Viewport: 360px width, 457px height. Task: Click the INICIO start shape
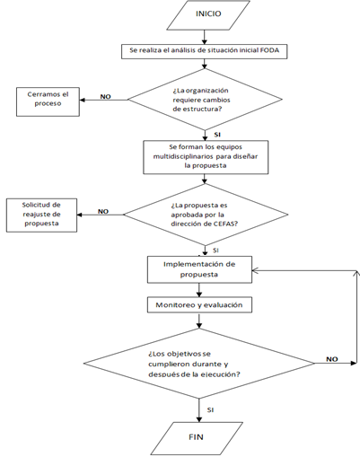pyautogui.click(x=208, y=15)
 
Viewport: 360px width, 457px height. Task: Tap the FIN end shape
pyautogui.click(x=197, y=438)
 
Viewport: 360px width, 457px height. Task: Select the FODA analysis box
pyautogui.click(x=204, y=51)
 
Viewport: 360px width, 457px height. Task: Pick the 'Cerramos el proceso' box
pyautogui.click(x=48, y=101)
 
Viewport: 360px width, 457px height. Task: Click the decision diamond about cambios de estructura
pyautogui.click(x=205, y=100)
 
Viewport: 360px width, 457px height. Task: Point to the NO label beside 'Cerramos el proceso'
pyautogui.click(x=105, y=97)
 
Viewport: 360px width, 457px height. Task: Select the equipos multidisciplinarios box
pyautogui.click(x=206, y=157)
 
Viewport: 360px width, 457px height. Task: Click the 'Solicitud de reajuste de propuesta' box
pyautogui.click(x=41, y=215)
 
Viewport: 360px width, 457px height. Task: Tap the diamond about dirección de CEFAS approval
pyautogui.click(x=206, y=215)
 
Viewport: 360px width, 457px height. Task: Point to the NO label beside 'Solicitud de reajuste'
pyautogui.click(x=103, y=211)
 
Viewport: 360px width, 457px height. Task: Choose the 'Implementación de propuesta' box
pyautogui.click(x=199, y=269)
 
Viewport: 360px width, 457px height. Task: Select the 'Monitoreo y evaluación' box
pyautogui.click(x=199, y=305)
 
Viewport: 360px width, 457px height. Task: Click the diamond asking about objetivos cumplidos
pyautogui.click(x=199, y=364)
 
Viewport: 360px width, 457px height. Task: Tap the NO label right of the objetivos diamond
pyautogui.click(x=332, y=359)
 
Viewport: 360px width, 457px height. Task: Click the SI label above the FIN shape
pyautogui.click(x=210, y=410)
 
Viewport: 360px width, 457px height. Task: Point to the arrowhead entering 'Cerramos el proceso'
pyautogui.click(x=83, y=100)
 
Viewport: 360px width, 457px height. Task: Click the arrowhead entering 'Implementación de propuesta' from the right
pyautogui.click(x=255, y=271)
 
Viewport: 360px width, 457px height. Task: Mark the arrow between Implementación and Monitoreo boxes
pyautogui.click(x=199, y=290)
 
